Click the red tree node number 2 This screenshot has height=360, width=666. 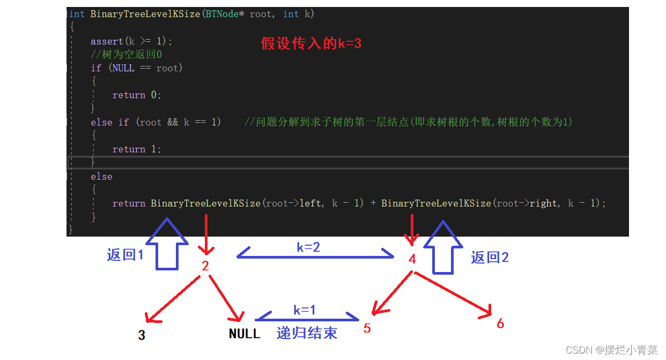(205, 266)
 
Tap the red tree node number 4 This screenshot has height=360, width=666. (412, 259)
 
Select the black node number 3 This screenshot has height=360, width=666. (142, 335)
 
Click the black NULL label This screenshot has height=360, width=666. (245, 334)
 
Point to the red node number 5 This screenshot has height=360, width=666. (367, 328)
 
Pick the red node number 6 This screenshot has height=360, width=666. (500, 324)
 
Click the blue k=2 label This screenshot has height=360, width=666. (308, 247)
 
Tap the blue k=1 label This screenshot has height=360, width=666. (305, 310)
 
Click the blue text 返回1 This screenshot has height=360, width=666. (125, 255)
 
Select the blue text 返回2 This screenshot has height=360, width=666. (490, 258)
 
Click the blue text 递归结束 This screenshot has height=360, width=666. (307, 333)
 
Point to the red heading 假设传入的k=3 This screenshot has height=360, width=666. (311, 43)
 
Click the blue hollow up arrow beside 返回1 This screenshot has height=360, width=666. (167, 244)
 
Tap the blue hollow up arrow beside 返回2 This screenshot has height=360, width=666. (443, 247)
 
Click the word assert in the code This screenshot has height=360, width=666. (107, 41)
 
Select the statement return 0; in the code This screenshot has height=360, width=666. (137, 95)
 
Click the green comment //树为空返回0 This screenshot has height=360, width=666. (127, 54)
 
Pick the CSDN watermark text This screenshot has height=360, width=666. (612, 350)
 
